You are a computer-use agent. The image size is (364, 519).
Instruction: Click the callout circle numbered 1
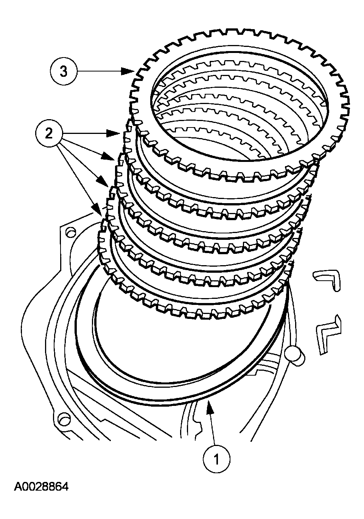[x=216, y=459]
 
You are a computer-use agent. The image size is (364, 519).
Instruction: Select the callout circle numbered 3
[x=63, y=71]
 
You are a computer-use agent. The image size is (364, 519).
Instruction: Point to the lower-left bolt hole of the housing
[x=63, y=419]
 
